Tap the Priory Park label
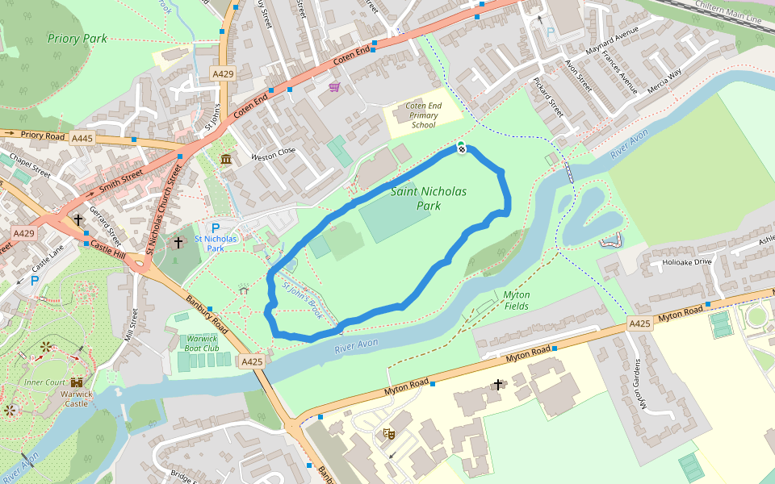pyautogui.click(x=77, y=38)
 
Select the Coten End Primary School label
pyautogui.click(x=423, y=115)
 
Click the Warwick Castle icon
pyautogui.click(x=77, y=382)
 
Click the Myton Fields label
pyautogui.click(x=517, y=300)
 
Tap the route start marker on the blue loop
pyautogui.click(x=461, y=147)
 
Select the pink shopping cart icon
pyautogui.click(x=334, y=86)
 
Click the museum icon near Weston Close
pyautogui.click(x=226, y=158)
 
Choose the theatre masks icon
pyautogui.click(x=389, y=433)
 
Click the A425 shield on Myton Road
pyautogui.click(x=639, y=323)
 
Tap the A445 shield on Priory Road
pyautogui.click(x=82, y=139)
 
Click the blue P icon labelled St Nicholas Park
pyautogui.click(x=216, y=228)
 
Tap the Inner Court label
pyautogui.click(x=44, y=382)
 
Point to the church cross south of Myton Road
pyautogui.click(x=498, y=385)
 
